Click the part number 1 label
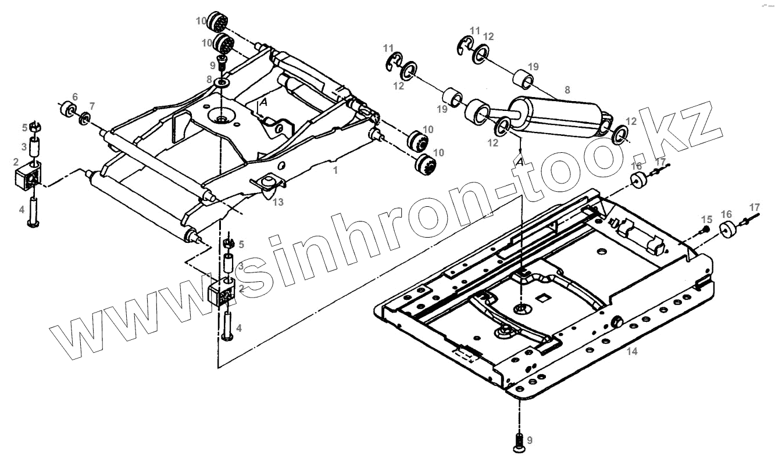(x=335, y=171)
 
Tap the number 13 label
(x=278, y=202)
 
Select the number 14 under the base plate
(x=633, y=351)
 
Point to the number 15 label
(x=706, y=219)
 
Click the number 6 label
(x=74, y=96)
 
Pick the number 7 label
(x=91, y=105)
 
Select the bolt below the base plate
(x=519, y=442)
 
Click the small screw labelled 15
(x=704, y=230)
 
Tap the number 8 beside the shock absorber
(x=567, y=89)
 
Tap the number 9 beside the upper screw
(x=213, y=65)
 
